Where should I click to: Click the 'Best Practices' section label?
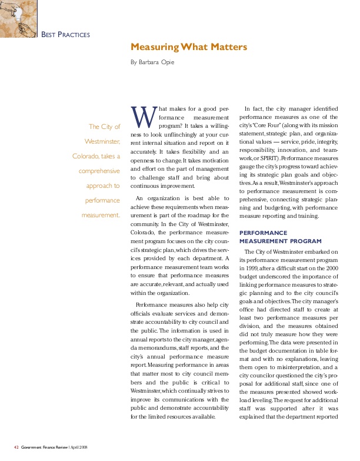tap(65, 35)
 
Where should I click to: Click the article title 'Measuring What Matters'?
tap(188, 47)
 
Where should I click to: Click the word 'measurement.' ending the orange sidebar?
tap(101, 215)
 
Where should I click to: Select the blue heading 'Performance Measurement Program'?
tap(281, 237)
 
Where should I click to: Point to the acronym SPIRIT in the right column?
tap(269, 158)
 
